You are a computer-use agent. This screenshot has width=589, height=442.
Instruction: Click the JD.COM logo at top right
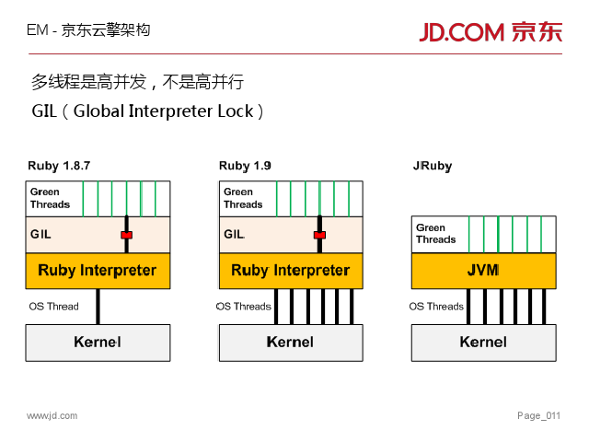click(491, 31)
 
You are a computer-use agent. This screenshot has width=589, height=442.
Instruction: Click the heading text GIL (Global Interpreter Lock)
click(148, 111)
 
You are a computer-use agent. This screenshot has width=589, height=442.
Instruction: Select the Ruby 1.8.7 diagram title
click(59, 167)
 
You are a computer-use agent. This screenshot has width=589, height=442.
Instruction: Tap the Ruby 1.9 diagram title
click(245, 167)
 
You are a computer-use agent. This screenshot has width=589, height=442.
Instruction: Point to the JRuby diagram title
click(433, 167)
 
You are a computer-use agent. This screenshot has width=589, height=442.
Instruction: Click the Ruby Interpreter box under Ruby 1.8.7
click(98, 271)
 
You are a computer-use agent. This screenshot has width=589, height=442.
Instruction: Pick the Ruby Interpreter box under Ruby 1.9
click(291, 271)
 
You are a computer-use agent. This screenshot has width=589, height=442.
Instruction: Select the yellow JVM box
click(483, 271)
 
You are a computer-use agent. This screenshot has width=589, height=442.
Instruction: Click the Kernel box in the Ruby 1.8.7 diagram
click(98, 342)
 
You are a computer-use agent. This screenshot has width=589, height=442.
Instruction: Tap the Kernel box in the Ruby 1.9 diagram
click(291, 342)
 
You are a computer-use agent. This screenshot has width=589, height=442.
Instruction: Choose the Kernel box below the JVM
click(483, 342)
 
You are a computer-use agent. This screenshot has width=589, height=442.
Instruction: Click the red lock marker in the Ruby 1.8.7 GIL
click(126, 235)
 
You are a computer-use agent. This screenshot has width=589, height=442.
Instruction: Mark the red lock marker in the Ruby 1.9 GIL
click(319, 235)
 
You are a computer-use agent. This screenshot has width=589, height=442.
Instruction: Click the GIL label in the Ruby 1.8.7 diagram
click(40, 235)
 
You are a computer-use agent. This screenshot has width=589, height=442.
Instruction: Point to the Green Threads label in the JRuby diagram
click(436, 234)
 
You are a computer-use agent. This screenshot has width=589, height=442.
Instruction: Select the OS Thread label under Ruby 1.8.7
click(54, 307)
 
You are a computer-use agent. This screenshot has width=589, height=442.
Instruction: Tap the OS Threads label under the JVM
click(436, 307)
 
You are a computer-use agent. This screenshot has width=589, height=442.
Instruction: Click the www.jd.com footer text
click(52, 416)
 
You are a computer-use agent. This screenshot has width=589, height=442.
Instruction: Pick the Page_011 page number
click(538, 416)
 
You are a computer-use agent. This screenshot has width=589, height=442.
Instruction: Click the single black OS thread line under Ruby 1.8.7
click(98, 307)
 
